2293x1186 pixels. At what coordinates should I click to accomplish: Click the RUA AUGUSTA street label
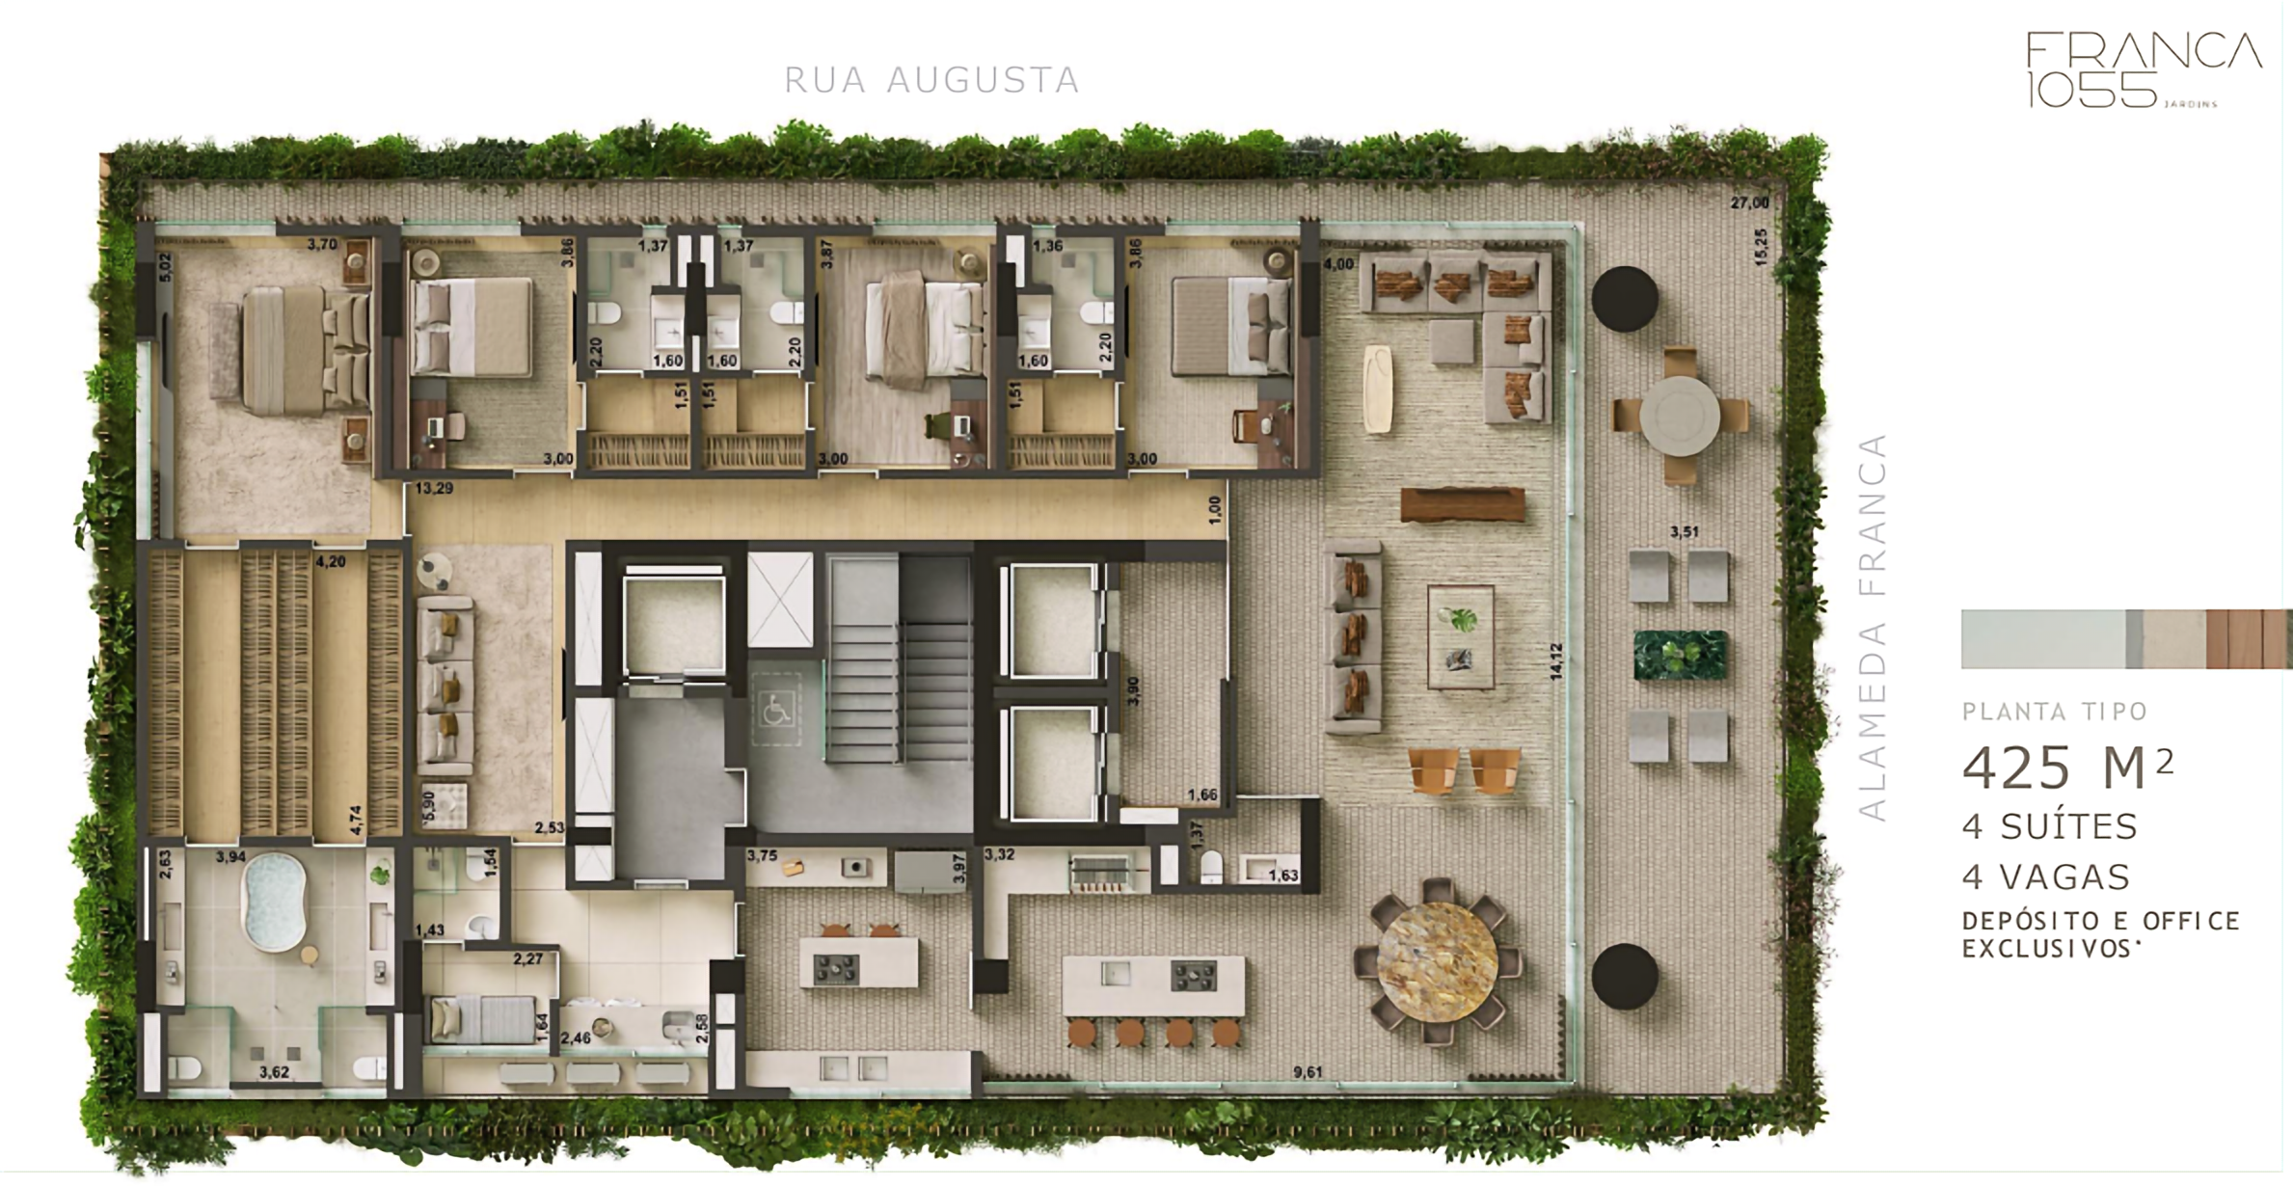click(x=931, y=80)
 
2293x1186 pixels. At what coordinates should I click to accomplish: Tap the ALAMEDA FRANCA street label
click(x=1872, y=628)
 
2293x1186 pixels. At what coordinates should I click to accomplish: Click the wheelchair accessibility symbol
click(x=775, y=712)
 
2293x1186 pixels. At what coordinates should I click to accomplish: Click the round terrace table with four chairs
click(x=1680, y=417)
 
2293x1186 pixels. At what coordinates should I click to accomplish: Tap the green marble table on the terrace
click(x=1680, y=654)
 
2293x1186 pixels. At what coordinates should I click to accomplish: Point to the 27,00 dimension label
click(x=1749, y=203)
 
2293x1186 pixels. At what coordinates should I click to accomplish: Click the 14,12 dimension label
click(x=1555, y=662)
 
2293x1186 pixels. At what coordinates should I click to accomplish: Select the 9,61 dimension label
click(x=1308, y=1071)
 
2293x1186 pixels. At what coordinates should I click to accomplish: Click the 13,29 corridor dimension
click(x=434, y=489)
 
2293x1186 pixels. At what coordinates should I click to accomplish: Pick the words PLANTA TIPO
click(x=2055, y=713)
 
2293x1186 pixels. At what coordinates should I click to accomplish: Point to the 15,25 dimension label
click(x=1762, y=247)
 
